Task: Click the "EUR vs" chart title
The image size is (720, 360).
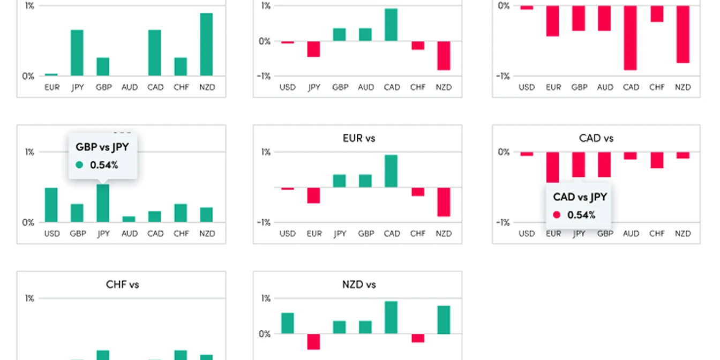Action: (359, 138)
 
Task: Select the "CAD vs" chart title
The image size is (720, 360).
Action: (596, 138)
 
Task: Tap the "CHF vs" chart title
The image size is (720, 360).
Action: (122, 284)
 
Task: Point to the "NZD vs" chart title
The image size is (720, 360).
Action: (359, 284)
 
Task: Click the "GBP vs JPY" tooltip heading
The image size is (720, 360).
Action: (102, 147)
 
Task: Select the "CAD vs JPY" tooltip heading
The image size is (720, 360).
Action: (580, 197)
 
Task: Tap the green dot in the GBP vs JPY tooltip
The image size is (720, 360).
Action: (79, 165)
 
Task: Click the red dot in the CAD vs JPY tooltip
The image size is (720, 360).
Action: (557, 215)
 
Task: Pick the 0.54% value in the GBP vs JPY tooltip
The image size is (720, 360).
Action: (104, 165)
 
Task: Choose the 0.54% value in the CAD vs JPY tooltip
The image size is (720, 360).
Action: (581, 215)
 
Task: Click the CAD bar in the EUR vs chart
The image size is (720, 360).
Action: (391, 171)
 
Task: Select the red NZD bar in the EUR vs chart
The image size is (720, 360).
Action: (444, 202)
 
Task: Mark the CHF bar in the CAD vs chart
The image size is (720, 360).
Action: (657, 160)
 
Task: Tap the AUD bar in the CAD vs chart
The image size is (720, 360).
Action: (631, 155)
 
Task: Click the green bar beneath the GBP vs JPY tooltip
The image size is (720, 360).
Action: (103, 203)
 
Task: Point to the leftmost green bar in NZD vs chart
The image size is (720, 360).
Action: (287, 323)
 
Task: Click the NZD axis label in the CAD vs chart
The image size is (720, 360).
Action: (682, 234)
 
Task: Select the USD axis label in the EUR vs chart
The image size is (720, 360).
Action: (287, 234)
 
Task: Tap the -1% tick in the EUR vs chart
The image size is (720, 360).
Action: (264, 222)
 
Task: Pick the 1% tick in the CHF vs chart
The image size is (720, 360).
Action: (29, 298)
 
